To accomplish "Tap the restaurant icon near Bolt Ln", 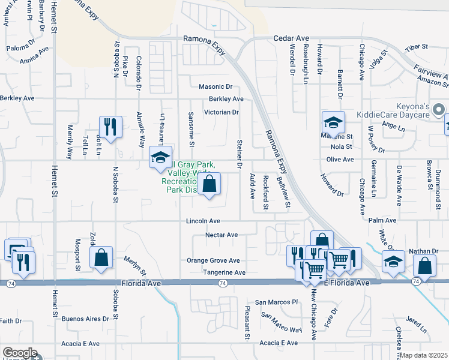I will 110,127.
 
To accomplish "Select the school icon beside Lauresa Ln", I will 160,157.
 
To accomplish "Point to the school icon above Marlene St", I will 333,122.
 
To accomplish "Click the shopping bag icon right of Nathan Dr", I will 425,265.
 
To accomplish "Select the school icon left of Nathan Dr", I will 393,262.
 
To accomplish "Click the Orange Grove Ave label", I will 212,261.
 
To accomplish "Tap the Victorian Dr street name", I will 221,112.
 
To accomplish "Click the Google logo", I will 19,353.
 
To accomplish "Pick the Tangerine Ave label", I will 224,272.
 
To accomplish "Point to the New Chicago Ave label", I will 313,316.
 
